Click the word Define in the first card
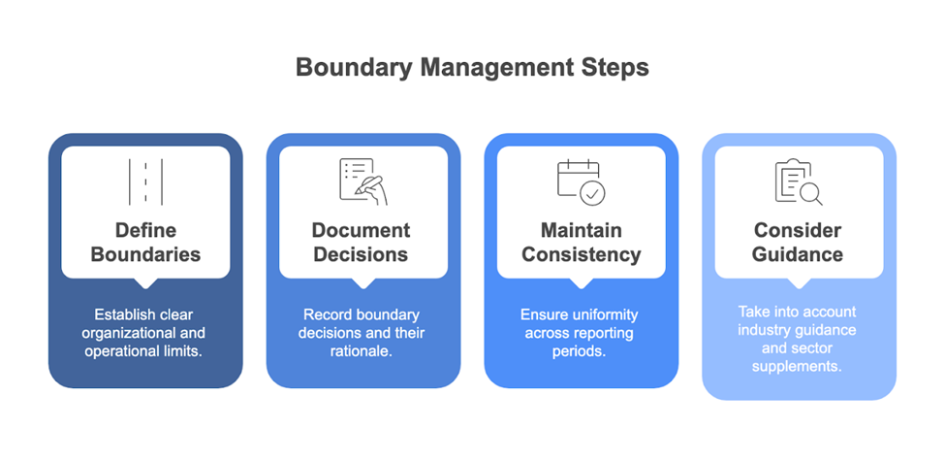coord(145,231)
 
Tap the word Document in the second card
coord(362,231)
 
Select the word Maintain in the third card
coord(581,231)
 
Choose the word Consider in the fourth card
coord(798,231)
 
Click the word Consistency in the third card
coord(581,254)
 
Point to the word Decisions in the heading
coord(362,254)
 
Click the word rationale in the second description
coord(362,352)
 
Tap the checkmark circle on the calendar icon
coord(592,193)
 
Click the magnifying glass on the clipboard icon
coord(810,193)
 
